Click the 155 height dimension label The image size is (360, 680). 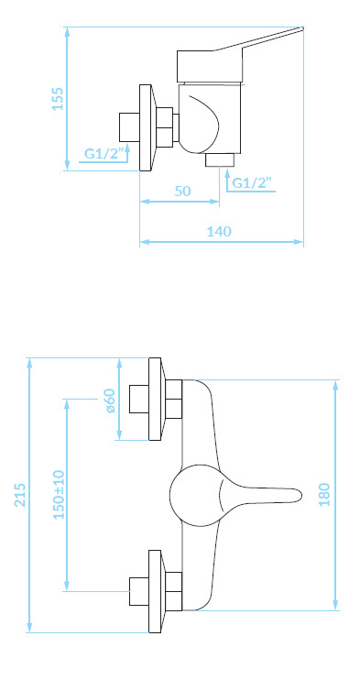click(x=58, y=99)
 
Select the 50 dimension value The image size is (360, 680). click(x=182, y=191)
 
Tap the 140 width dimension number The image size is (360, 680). click(x=219, y=232)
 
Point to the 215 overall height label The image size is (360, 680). click(x=20, y=495)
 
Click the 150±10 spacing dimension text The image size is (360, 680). click(x=59, y=494)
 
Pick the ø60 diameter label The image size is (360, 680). click(x=110, y=400)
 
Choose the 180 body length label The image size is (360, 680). click(x=324, y=494)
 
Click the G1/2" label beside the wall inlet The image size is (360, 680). click(x=104, y=154)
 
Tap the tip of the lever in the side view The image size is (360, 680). click(x=302, y=28)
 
